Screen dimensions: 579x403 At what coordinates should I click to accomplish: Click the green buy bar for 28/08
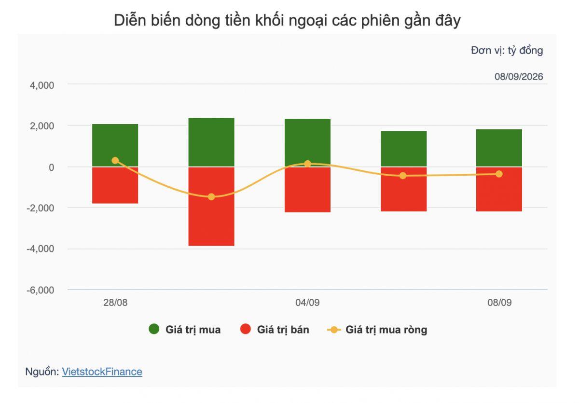click(115, 145)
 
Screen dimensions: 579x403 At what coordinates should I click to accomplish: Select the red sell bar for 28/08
click(115, 185)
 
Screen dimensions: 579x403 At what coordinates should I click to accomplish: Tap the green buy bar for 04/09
click(308, 143)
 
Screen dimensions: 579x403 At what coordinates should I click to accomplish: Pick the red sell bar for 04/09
click(308, 190)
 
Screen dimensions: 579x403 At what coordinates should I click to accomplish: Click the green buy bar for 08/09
click(499, 148)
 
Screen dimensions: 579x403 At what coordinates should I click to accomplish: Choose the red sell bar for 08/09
click(499, 189)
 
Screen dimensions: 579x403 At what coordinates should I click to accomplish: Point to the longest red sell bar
click(211, 206)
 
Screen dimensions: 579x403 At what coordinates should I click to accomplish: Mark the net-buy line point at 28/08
click(115, 161)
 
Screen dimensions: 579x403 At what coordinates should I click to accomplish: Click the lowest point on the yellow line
click(211, 197)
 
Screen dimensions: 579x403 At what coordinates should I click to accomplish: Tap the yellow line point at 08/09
click(499, 174)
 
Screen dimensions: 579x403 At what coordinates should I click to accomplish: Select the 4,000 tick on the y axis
click(42, 85)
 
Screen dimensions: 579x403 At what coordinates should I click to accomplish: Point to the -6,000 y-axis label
click(41, 290)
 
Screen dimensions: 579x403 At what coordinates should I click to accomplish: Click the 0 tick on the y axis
click(52, 167)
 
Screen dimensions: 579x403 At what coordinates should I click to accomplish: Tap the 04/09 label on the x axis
click(308, 303)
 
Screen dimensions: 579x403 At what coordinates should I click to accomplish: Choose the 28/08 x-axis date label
click(115, 303)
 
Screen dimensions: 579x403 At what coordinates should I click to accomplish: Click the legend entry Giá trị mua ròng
click(377, 330)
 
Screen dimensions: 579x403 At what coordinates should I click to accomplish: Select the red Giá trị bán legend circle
click(245, 329)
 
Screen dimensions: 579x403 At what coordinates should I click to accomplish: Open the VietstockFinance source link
click(102, 372)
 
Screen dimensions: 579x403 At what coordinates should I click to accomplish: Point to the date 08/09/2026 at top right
click(519, 77)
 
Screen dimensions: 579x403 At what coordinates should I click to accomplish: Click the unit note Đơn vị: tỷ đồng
click(507, 50)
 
